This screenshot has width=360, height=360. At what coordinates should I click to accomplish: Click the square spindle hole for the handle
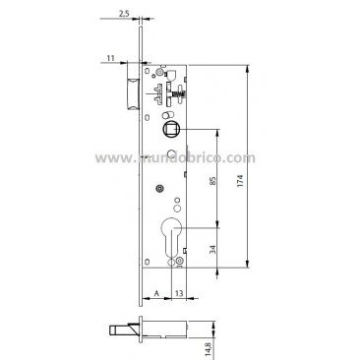pyautogui.click(x=168, y=129)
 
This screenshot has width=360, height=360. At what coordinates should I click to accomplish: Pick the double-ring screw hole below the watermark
pyautogui.click(x=156, y=191)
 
